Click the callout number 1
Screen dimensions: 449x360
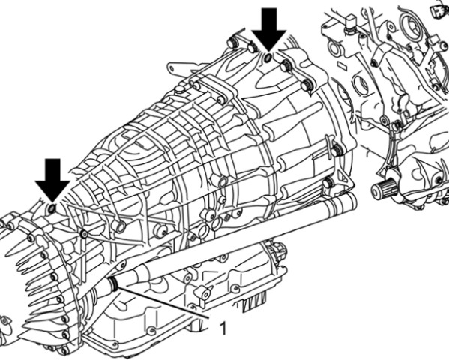223,328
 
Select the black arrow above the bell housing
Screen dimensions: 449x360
269,30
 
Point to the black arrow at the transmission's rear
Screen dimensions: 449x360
52,180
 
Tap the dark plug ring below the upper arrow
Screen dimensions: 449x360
268,57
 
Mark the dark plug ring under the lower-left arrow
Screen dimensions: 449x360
52,208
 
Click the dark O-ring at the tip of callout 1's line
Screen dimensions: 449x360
114,283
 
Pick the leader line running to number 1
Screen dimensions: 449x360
163,301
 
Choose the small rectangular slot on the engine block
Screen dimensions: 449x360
343,64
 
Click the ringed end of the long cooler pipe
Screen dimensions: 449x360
348,202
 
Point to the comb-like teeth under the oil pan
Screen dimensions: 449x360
254,302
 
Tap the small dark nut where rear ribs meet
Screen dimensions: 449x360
84,234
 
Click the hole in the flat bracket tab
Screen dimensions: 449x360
172,68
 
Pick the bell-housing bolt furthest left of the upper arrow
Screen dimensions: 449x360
232,43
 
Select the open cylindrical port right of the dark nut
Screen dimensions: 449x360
121,227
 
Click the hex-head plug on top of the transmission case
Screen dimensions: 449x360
180,90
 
